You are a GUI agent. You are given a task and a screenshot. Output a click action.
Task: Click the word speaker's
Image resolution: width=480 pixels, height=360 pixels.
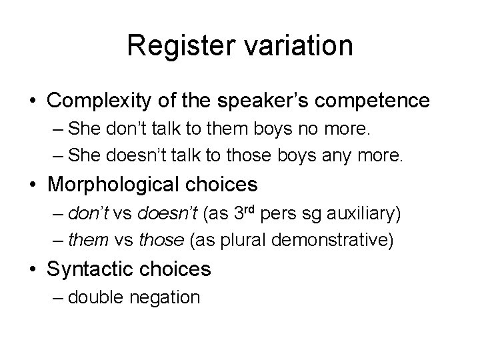point(262,101)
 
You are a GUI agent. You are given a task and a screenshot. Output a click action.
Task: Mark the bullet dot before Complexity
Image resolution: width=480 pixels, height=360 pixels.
point(32,101)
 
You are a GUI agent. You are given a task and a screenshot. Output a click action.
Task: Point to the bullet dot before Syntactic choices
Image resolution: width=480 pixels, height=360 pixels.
point(32,269)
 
